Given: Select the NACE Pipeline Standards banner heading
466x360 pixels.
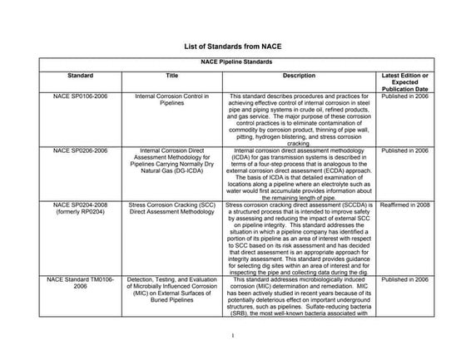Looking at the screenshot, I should (x=232, y=63).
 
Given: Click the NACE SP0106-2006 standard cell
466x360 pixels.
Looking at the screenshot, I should (x=79, y=96).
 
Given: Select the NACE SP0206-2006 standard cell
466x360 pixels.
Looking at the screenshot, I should (x=79, y=150).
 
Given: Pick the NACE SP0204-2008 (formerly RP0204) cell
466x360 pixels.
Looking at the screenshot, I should (x=79, y=208).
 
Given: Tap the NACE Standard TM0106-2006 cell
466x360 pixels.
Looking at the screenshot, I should (x=79, y=284).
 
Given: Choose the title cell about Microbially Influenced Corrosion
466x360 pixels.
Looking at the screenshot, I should (x=171, y=288).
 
